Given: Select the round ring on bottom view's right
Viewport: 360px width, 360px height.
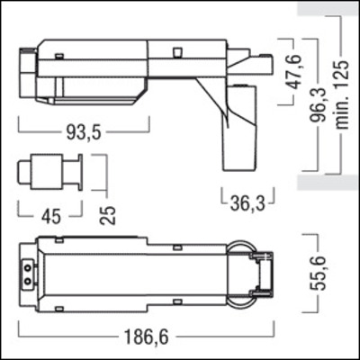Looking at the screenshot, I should [240, 270].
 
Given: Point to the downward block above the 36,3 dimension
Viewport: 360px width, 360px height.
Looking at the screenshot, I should [240, 126].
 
